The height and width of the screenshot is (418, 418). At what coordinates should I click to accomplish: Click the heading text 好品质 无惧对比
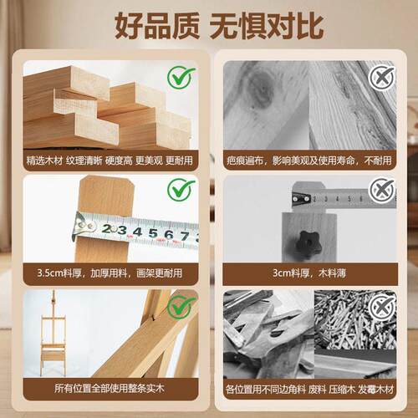pos(219,26)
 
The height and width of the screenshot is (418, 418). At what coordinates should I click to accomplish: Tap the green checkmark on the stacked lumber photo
pos(181,77)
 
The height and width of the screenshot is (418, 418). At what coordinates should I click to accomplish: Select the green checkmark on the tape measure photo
pos(181,190)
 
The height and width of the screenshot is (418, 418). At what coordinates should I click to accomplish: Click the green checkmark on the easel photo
pos(181,306)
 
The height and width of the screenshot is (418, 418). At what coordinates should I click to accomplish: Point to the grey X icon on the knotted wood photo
pos(382,77)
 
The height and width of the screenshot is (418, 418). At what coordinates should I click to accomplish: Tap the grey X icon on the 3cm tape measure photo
pos(382,191)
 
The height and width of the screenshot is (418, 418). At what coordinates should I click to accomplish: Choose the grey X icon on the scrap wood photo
pos(382,308)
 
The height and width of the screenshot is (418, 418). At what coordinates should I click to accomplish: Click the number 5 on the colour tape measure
pos(153,233)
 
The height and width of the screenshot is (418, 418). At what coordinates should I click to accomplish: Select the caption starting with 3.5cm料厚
pos(110,273)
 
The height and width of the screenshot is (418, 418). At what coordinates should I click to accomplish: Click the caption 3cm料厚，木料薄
pos(309,273)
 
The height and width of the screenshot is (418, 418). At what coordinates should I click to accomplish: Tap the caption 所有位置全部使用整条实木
pos(110,388)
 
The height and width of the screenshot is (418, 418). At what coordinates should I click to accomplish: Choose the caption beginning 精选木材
pos(110,161)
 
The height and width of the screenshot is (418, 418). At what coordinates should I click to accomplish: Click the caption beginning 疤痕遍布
pos(309,161)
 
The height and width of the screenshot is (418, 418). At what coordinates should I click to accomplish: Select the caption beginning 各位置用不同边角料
pos(309,389)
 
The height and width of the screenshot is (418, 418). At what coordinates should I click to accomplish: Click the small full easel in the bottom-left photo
pos(53,334)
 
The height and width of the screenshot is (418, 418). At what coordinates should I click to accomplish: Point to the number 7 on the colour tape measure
pos(185,237)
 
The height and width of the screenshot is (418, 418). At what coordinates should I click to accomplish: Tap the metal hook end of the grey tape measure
pos(300,198)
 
